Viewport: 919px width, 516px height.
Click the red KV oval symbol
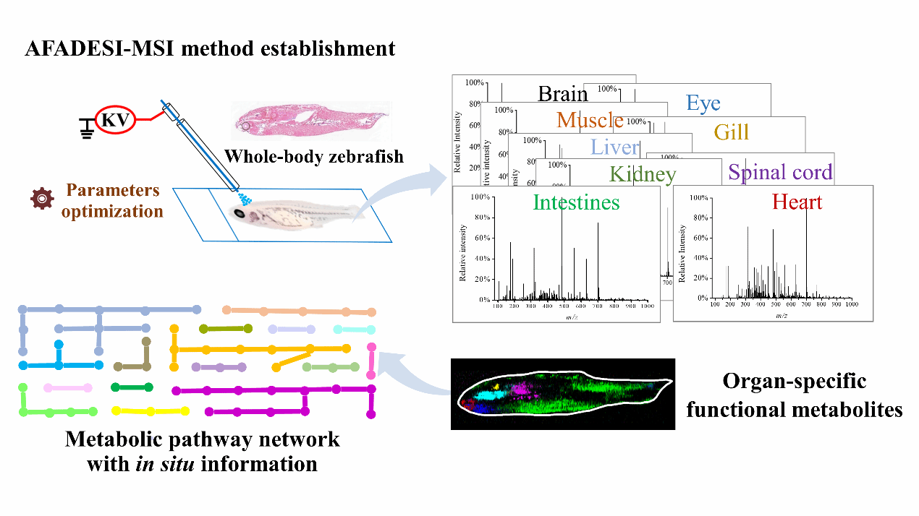click(114, 119)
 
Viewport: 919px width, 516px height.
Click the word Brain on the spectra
click(562, 94)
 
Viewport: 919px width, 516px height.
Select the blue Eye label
click(703, 103)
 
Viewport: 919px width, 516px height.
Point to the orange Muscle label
click(590, 119)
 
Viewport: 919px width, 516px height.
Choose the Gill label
click(731, 132)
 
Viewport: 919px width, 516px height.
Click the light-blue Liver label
click(615, 147)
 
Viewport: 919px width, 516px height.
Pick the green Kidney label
click(643, 174)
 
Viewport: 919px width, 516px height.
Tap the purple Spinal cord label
click(780, 173)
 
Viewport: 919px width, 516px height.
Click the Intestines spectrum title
click(576, 202)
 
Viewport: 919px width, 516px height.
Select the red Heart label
click(797, 202)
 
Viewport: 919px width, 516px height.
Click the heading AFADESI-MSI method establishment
click(210, 49)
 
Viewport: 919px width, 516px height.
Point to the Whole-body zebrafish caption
click(313, 157)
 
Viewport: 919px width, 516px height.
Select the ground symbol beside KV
click(88, 129)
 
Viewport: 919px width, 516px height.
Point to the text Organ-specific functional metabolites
click(794, 395)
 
